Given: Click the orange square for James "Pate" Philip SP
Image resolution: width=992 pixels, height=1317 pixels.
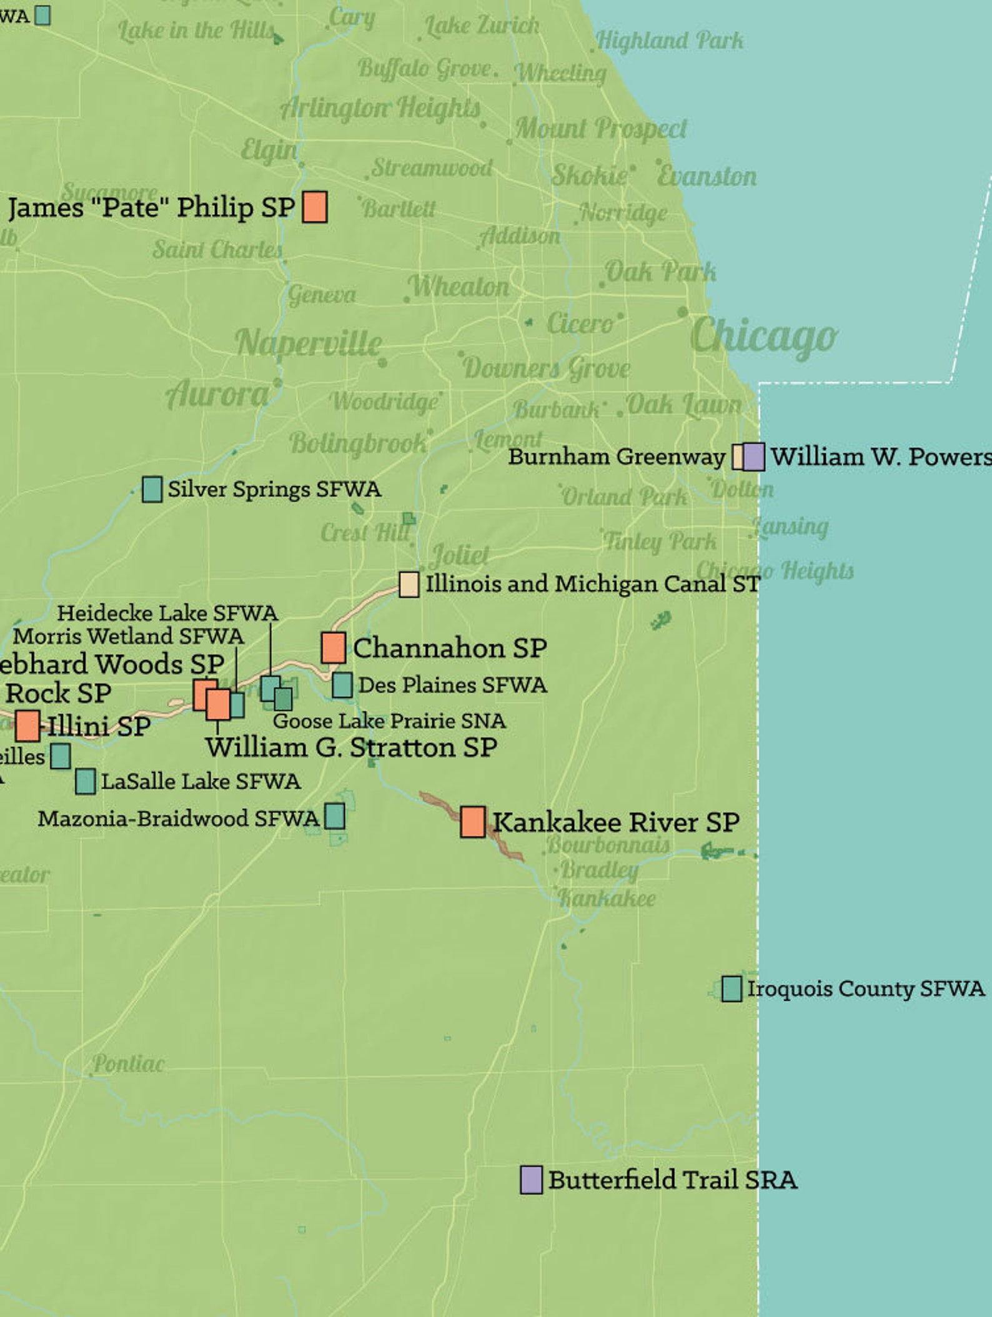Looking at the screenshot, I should [314, 207].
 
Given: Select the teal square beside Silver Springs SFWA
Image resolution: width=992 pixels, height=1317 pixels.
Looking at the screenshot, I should [152, 489].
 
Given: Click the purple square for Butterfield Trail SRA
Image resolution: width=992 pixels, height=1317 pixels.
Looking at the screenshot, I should [531, 1180].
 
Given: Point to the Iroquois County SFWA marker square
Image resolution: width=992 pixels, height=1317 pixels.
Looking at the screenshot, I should [732, 989].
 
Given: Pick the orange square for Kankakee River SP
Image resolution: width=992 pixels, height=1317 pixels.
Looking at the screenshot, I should [473, 821].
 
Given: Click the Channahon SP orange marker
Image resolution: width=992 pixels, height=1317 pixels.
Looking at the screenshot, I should [334, 648].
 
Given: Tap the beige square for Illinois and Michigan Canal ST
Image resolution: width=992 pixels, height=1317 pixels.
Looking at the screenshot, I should [409, 585].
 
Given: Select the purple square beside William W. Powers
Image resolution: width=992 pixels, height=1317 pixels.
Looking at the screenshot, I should [754, 456].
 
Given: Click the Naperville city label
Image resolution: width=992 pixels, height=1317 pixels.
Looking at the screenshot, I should [309, 343].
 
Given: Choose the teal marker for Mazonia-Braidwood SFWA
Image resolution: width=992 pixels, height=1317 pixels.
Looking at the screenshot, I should [335, 816].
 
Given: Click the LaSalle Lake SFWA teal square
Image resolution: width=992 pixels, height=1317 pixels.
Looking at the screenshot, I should [85, 781].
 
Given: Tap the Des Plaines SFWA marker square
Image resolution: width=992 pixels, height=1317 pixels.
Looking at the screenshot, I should [342, 685].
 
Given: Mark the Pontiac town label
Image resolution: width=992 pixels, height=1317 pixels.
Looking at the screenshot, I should [129, 1063].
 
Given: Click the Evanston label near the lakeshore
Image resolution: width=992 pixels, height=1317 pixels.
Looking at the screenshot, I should [707, 177].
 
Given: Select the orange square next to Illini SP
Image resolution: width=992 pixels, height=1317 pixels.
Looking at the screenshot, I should [27, 726].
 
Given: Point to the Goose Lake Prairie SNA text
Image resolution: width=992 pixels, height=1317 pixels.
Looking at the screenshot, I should [389, 721].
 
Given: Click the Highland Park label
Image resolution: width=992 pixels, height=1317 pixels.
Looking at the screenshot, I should [670, 41].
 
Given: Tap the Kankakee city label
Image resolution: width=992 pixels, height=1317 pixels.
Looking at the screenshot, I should [607, 899].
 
